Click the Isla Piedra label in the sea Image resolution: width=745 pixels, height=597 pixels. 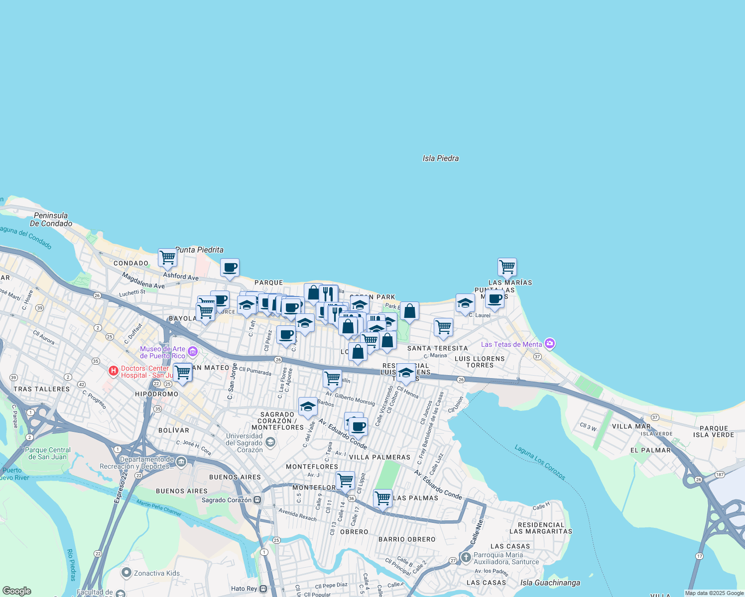pyautogui.click(x=440, y=158)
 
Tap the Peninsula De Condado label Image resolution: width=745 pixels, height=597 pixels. pyautogui.click(x=51, y=219)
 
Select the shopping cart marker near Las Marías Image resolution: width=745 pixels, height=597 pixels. pyautogui.click(x=507, y=267)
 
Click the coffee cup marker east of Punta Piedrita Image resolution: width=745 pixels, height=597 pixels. pyautogui.click(x=230, y=268)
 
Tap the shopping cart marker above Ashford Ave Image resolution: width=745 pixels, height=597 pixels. pyautogui.click(x=168, y=258)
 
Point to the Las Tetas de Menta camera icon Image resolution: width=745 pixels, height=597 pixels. pyautogui.click(x=550, y=344)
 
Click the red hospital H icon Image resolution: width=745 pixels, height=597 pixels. pyautogui.click(x=114, y=371)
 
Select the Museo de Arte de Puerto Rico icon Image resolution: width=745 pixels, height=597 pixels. pyautogui.click(x=193, y=352)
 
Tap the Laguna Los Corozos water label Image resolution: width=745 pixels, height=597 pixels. pyautogui.click(x=540, y=462)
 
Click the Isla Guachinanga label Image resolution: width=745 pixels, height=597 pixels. pyautogui.click(x=550, y=583)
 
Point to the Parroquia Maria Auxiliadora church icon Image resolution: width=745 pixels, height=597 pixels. pyautogui.click(x=466, y=557)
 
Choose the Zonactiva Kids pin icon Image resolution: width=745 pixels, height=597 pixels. pyautogui.click(x=126, y=573)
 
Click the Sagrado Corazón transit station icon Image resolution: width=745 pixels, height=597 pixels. pyautogui.click(x=257, y=500)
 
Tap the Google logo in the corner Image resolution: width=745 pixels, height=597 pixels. pyautogui.click(x=17, y=591)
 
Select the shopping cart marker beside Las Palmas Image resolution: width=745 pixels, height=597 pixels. pyautogui.click(x=382, y=497)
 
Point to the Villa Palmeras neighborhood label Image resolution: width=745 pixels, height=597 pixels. pyautogui.click(x=379, y=457)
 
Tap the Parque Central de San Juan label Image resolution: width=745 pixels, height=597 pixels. pyautogui.click(x=48, y=453)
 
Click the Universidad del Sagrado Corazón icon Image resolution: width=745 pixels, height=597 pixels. pyautogui.click(x=270, y=442)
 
